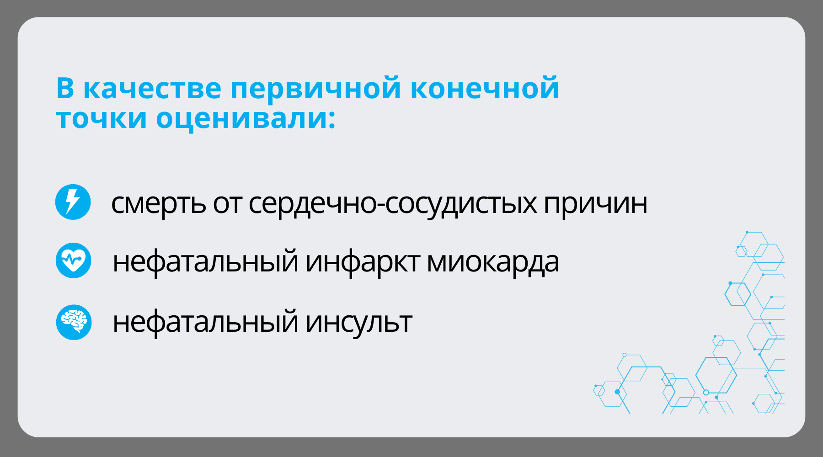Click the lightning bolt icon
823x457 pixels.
tap(73, 202)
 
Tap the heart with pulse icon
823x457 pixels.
tap(73, 260)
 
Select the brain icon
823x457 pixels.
tap(74, 322)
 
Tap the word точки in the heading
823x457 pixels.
tap(102, 118)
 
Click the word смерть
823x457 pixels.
tap(158, 203)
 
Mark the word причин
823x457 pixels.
tap(595, 204)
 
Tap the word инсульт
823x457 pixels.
tap(359, 322)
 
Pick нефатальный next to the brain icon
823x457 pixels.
tap(205, 322)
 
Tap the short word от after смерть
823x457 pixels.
tap(227, 204)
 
